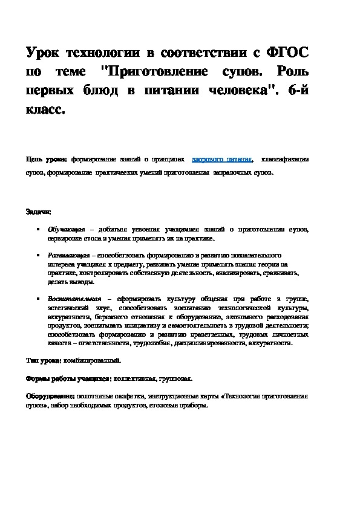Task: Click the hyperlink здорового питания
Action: [x=222, y=160]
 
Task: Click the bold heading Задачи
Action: [x=38, y=212]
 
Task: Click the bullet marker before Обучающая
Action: [x=39, y=230]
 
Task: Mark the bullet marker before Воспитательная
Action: [x=39, y=299]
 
